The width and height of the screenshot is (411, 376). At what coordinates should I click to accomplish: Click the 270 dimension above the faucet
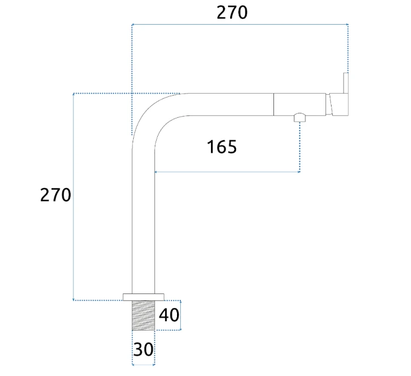(232, 13)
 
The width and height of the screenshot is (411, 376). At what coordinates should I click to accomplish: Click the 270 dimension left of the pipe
(55, 195)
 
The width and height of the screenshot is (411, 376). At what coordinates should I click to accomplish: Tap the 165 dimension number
(222, 147)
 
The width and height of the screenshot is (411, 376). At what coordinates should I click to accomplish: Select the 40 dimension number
(169, 315)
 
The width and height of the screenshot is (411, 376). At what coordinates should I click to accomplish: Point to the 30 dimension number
(143, 349)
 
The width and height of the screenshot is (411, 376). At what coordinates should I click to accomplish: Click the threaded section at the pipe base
(144, 315)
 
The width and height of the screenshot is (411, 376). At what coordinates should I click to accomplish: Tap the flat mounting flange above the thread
(144, 297)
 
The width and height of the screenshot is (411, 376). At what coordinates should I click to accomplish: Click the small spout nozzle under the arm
(300, 118)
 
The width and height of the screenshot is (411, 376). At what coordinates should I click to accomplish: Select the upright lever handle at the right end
(346, 83)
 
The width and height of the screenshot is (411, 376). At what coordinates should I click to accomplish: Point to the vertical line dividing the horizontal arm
(273, 104)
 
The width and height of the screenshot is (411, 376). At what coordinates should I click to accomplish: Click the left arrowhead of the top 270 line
(133, 24)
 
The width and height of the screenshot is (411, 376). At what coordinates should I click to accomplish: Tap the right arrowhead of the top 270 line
(347, 24)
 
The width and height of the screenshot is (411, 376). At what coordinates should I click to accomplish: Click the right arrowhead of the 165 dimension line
(299, 172)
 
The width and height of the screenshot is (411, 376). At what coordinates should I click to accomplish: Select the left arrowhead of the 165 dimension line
(156, 172)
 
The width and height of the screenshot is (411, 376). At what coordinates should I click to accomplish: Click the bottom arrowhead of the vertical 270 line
(73, 299)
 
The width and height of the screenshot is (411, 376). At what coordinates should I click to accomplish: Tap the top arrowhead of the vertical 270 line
(73, 95)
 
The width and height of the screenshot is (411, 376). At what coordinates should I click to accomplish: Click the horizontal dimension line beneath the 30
(144, 365)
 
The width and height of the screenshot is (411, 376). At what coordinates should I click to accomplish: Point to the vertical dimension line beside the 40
(181, 315)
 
